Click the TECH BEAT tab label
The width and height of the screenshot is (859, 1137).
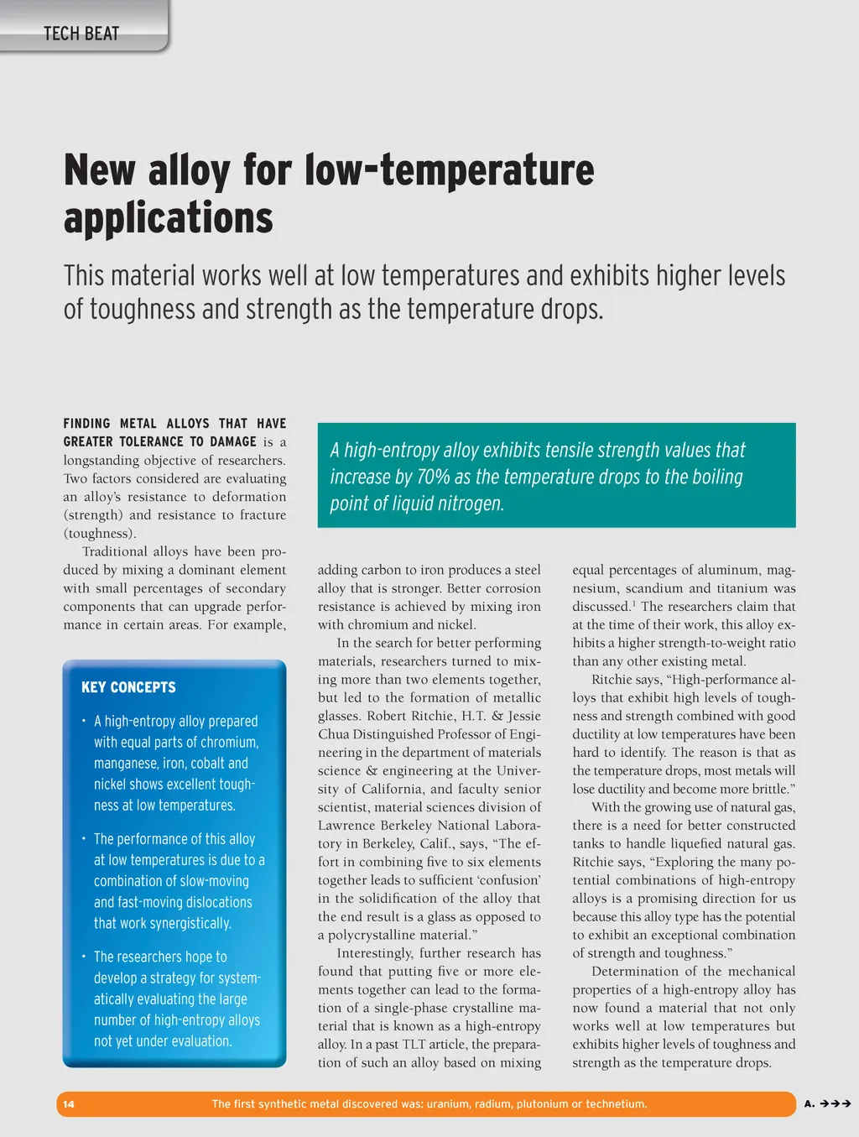point(81,34)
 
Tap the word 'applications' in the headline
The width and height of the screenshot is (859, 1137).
point(169,218)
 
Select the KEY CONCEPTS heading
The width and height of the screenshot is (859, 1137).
point(128,687)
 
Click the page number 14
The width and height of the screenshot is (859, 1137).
point(69,1104)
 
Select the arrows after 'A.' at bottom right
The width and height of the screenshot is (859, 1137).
point(836,1104)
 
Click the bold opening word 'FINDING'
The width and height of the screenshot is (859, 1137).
point(86,424)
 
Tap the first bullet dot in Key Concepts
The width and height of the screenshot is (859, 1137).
point(84,721)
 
